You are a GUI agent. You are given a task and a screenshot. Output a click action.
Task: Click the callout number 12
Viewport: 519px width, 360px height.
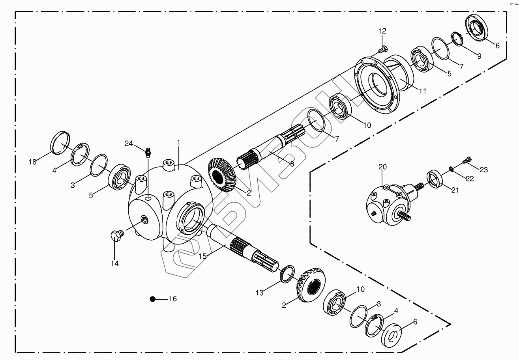tap(382, 31)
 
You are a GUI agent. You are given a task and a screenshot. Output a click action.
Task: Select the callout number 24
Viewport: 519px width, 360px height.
tap(129, 144)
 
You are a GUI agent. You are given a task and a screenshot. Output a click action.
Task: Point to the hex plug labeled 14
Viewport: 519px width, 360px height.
tap(116, 236)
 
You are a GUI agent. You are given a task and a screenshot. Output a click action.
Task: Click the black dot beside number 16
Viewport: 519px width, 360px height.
tap(153, 299)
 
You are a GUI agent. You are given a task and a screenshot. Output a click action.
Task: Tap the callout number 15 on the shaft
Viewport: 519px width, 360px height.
tap(202, 256)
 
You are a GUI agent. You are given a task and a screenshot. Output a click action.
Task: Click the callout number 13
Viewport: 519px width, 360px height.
tap(259, 293)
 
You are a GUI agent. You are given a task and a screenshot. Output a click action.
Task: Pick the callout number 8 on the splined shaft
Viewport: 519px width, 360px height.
tap(292, 164)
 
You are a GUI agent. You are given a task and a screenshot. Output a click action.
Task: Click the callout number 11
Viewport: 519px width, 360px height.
tap(422, 91)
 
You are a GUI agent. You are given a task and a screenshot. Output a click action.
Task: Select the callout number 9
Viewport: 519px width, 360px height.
tap(479, 56)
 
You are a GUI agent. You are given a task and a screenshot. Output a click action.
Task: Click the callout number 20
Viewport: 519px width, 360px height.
tap(382, 167)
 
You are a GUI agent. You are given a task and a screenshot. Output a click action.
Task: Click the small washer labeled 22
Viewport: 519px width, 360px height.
tap(451, 169)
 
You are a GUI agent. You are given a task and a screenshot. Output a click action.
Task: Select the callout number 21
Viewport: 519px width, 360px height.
tap(455, 190)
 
